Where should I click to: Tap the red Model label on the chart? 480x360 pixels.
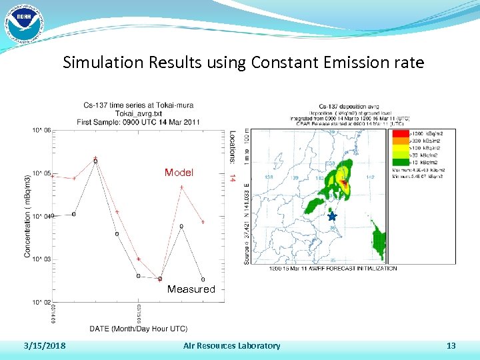179,173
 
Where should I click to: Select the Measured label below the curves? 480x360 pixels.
191,289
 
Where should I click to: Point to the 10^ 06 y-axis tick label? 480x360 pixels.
42,131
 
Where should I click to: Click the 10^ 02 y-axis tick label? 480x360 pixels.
42,302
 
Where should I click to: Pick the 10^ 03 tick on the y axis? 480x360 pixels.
42,259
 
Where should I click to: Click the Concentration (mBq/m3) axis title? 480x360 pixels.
28,216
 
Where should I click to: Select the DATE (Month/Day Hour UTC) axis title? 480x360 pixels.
139,328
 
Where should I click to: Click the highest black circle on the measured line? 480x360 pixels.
96,161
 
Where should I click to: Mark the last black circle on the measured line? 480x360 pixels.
203,279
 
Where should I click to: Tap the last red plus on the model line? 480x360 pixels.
203,222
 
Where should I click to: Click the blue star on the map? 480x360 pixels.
332,217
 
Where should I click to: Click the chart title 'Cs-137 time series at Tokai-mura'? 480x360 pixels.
139,105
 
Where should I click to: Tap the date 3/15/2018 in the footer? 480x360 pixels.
45,345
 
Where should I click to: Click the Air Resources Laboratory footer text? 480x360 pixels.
232,345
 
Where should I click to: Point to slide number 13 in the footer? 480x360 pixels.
451,345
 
